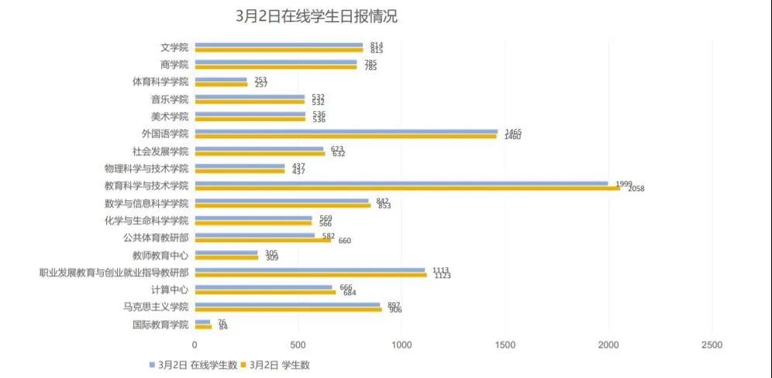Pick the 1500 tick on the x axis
tap(505, 344)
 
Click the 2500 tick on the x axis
tap(712, 344)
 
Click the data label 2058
tap(636, 189)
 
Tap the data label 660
tap(345, 241)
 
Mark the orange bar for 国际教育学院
tap(203, 327)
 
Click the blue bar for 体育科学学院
tap(220, 79)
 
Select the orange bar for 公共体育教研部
tap(263, 240)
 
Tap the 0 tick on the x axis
tap(195, 344)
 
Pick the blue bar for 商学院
tap(275, 62)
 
